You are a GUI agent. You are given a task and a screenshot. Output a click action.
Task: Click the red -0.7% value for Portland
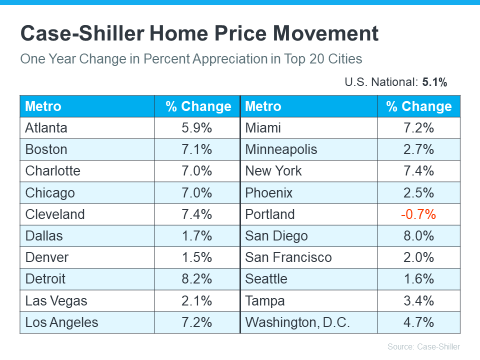(x=418, y=214)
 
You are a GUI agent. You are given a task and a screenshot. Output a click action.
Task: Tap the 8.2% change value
(x=196, y=279)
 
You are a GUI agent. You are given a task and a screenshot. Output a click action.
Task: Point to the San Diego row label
(x=276, y=236)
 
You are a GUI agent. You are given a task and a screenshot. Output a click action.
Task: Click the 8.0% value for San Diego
(x=418, y=236)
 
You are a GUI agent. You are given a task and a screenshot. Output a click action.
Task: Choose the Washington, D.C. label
(x=297, y=322)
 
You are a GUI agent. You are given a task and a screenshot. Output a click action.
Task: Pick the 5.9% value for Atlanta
(x=196, y=128)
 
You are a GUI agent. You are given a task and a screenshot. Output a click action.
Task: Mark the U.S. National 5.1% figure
(x=434, y=82)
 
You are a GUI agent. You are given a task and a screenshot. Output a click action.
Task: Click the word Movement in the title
(x=325, y=33)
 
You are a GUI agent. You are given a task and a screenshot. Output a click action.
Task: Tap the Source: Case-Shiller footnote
(x=423, y=346)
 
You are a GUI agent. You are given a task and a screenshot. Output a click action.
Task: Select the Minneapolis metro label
(x=281, y=149)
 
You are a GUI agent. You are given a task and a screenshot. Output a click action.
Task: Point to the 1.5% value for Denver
(x=196, y=257)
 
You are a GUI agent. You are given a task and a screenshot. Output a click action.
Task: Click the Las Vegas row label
(x=56, y=301)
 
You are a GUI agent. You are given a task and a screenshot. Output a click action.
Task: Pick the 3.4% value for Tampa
(x=418, y=301)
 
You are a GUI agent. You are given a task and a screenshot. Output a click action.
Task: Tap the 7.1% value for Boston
(x=196, y=149)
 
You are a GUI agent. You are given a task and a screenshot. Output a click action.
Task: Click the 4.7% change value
(x=418, y=322)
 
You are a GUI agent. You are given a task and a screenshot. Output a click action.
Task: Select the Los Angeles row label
(x=62, y=322)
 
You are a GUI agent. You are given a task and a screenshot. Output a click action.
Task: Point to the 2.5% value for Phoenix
(x=418, y=193)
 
